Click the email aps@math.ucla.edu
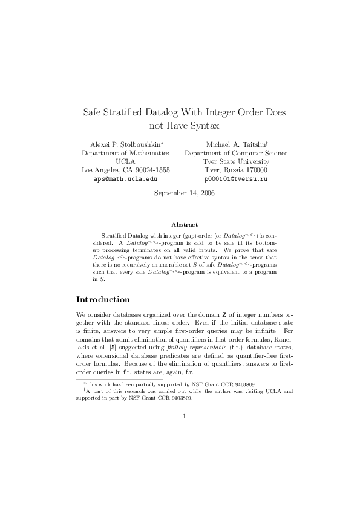pyautogui.click(x=125, y=180)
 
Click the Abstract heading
pyautogui.click(x=180, y=225)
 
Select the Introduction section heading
pyautogui.click(x=103, y=299)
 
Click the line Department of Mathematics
pyautogui.click(x=125, y=154)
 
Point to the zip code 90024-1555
pyautogui.click(x=152, y=170)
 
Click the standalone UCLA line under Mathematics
pyautogui.click(x=125, y=162)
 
